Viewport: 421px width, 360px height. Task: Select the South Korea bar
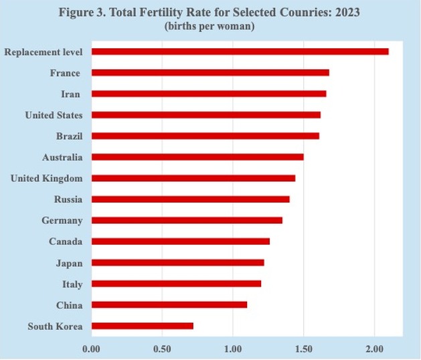click(x=142, y=326)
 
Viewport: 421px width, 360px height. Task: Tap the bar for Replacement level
click(x=240, y=52)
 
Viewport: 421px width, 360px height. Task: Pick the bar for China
click(x=169, y=304)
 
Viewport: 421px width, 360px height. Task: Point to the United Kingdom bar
click(x=193, y=178)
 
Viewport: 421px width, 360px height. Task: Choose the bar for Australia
click(x=197, y=157)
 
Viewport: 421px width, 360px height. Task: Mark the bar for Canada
click(x=180, y=241)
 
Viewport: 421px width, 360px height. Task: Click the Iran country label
click(x=70, y=94)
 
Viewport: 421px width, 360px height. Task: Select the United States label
click(x=54, y=115)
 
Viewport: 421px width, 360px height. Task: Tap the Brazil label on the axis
click(x=69, y=136)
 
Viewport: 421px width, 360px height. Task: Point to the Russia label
click(x=68, y=199)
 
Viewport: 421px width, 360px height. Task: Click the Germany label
click(x=62, y=220)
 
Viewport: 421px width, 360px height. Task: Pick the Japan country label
click(x=69, y=263)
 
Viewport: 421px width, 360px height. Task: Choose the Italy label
click(x=72, y=284)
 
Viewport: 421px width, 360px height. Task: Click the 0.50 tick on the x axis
click(x=162, y=348)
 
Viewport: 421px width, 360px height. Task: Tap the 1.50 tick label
click(x=303, y=348)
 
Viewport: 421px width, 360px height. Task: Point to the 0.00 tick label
click(x=91, y=348)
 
